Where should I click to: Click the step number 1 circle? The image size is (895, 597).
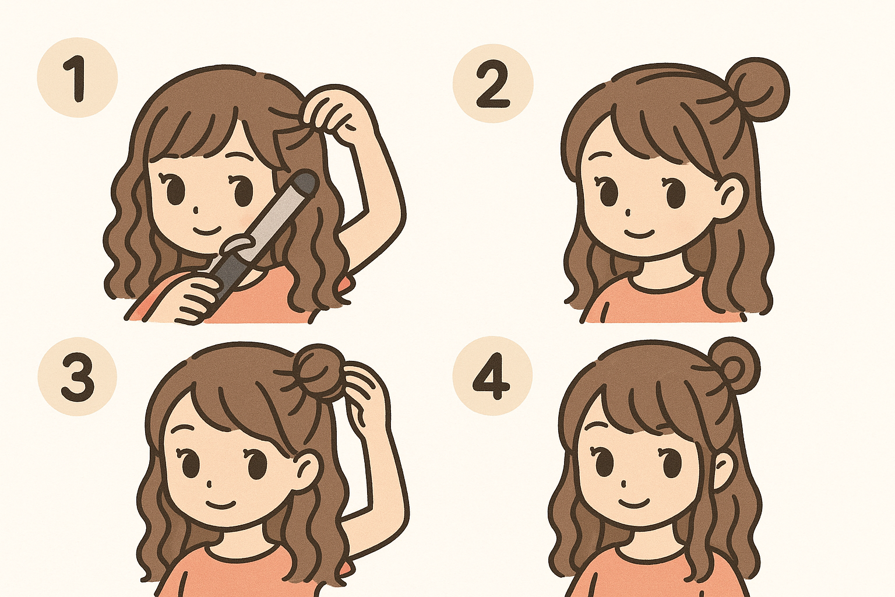[77, 77]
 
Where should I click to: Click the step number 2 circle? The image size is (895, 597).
[493, 83]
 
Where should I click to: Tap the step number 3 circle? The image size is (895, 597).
[77, 376]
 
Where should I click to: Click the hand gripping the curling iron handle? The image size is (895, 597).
[196, 298]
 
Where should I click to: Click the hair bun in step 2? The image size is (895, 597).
[756, 89]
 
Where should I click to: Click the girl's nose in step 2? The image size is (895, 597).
[628, 212]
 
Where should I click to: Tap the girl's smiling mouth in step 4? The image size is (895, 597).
[634, 503]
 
